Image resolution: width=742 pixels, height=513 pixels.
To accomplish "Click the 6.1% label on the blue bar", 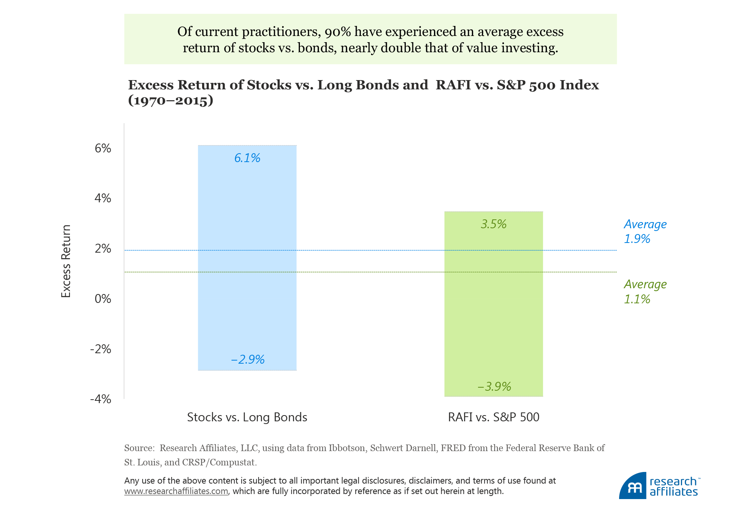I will (x=247, y=158).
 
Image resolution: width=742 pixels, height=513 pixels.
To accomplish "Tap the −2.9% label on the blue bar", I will (x=247, y=359).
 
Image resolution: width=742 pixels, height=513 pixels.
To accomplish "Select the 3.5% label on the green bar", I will (x=494, y=224).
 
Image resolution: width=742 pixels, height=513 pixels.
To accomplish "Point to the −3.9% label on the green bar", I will (x=494, y=386).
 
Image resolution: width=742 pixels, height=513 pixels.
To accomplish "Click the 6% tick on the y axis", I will (x=103, y=148).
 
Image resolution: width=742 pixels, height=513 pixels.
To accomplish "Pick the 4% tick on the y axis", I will (x=103, y=198).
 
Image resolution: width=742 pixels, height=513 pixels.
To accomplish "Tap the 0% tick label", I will (x=103, y=299).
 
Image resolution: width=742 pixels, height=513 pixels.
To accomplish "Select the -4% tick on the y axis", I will (x=100, y=399).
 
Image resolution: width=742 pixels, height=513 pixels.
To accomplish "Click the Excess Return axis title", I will (x=66, y=261).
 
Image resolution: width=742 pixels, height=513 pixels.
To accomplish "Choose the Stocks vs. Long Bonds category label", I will (x=247, y=417).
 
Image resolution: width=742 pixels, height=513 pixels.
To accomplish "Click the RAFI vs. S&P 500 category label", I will (x=494, y=417).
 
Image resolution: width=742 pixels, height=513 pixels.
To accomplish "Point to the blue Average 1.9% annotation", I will (x=645, y=231).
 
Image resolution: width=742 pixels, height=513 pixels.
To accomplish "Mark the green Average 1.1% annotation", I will (x=645, y=291).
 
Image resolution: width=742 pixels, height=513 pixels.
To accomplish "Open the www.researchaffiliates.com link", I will (x=176, y=491).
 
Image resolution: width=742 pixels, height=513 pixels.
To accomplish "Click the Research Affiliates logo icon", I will (x=633, y=486).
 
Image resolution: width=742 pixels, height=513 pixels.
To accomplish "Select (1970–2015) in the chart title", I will (x=170, y=101).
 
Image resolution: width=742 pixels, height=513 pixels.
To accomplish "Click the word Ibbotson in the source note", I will (x=347, y=448).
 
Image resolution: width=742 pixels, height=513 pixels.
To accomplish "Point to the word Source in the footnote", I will (x=138, y=448).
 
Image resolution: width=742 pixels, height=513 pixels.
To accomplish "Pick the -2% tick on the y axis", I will (x=100, y=349).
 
